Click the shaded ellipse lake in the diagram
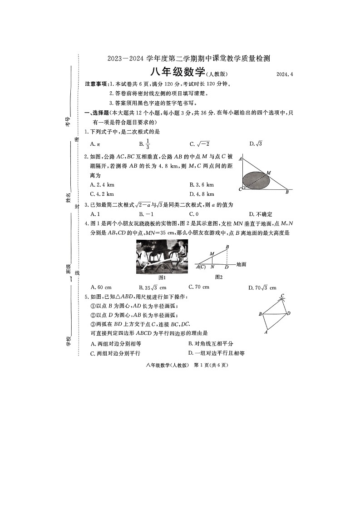256,180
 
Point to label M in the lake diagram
269,173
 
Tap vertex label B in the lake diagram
287,192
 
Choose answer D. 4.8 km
202,194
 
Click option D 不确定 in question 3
261,214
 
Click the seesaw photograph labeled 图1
162,257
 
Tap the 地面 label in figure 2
241,264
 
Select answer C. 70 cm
199,287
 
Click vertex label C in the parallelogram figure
282,296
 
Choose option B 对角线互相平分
211,343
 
